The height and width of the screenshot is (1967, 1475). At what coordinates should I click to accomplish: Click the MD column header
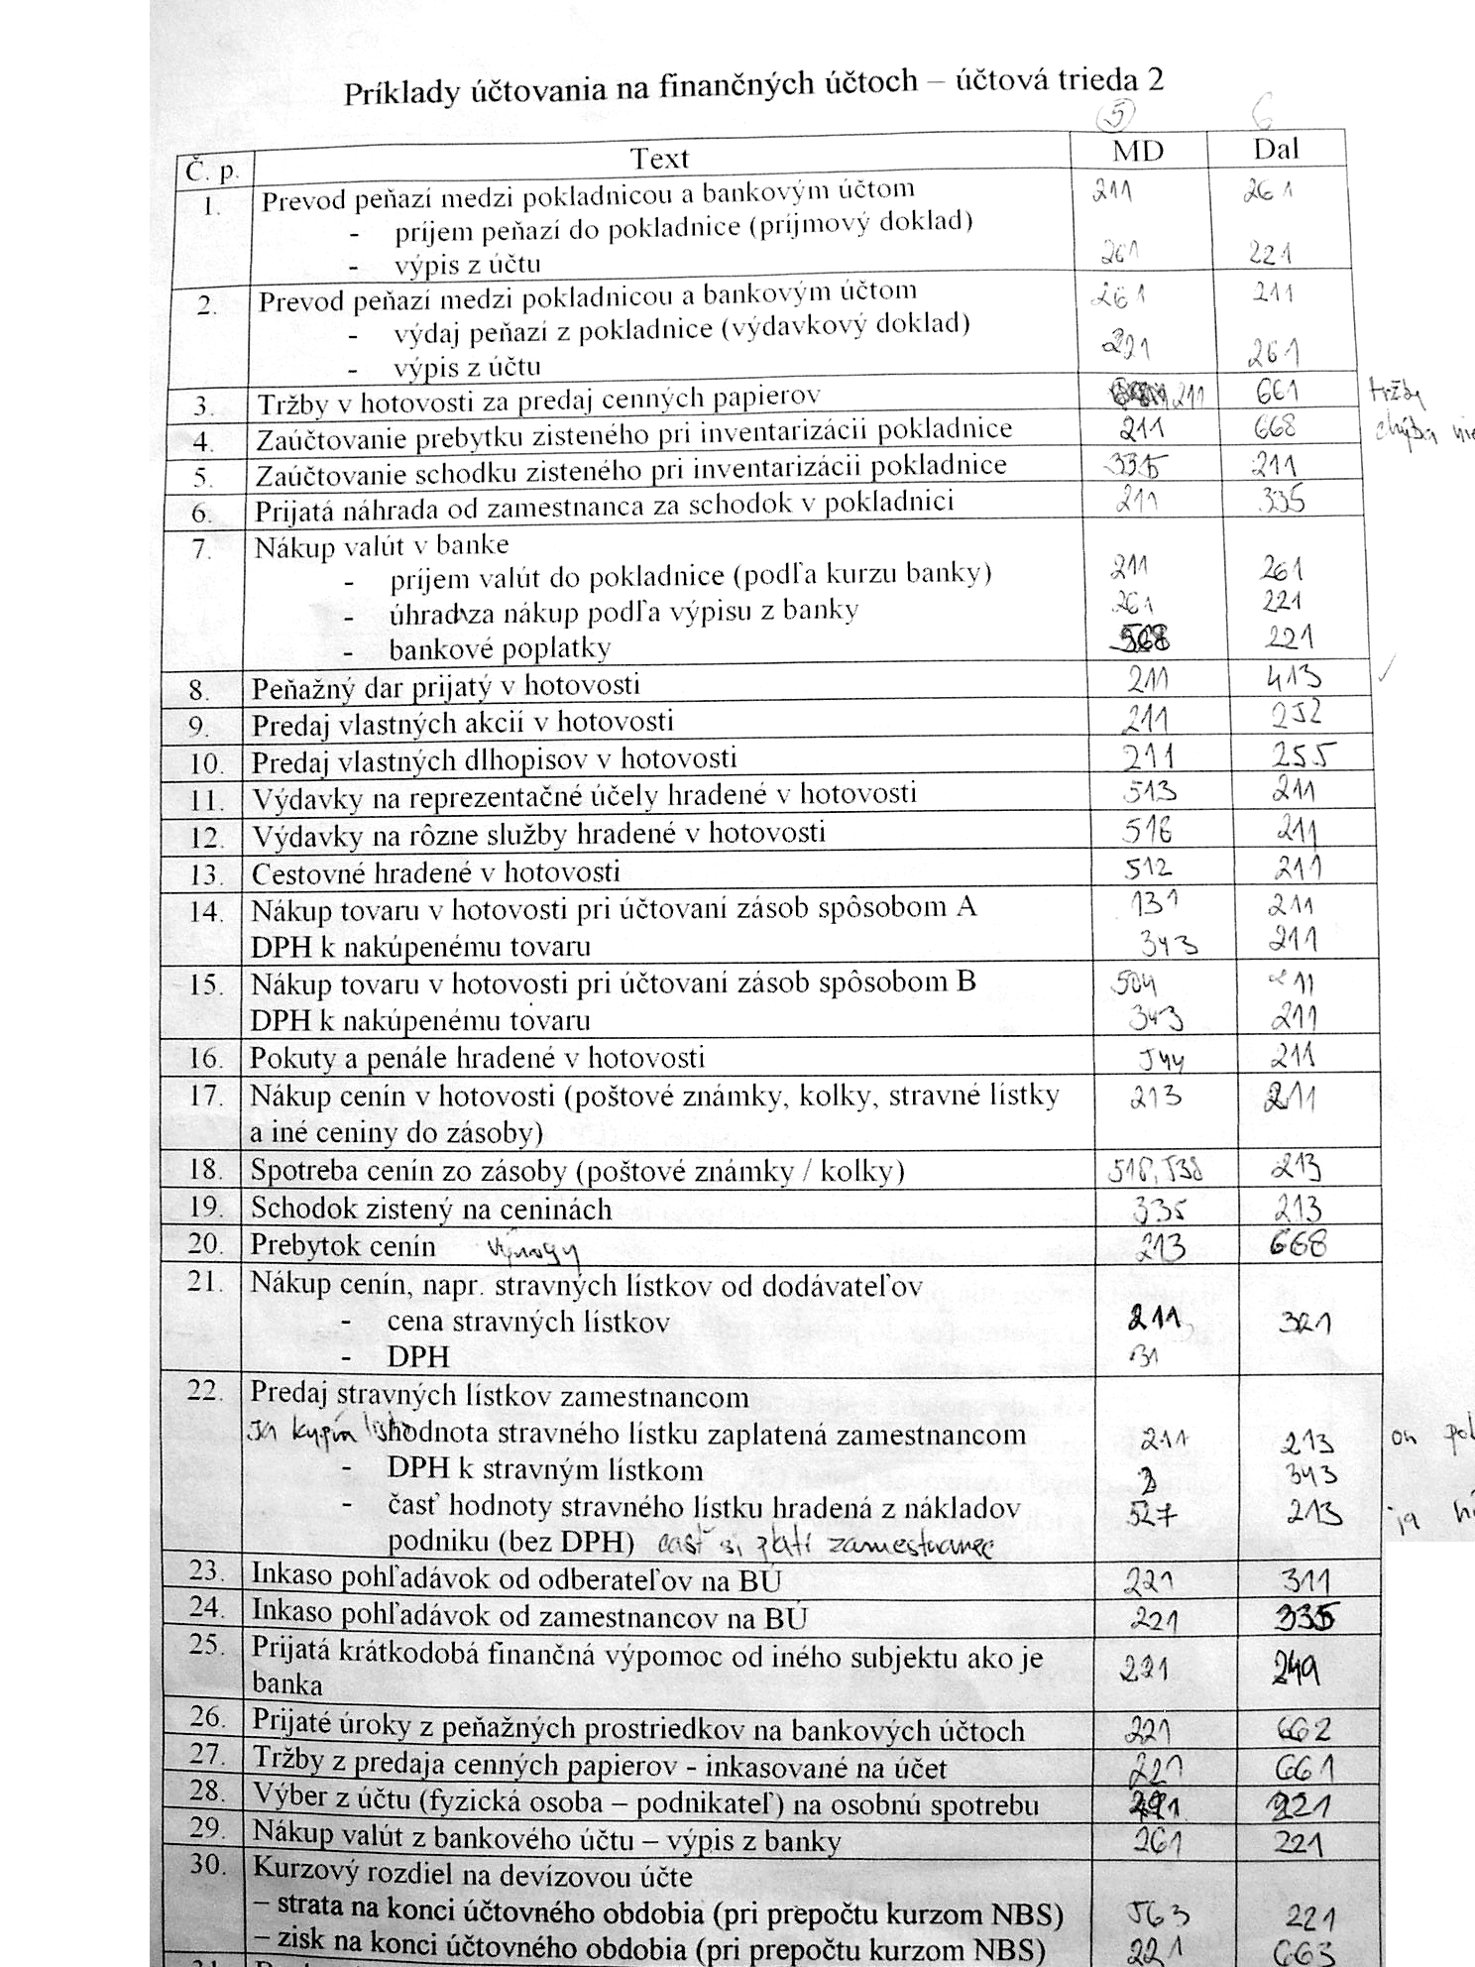(1138, 151)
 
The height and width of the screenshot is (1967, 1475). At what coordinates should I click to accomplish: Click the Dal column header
(1275, 149)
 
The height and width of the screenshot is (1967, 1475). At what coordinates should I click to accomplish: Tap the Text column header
(659, 159)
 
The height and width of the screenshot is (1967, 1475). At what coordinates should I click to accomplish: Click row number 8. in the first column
(199, 690)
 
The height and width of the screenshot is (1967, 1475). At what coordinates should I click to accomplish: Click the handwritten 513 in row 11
(1150, 791)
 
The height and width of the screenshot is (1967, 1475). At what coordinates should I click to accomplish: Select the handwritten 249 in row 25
(1296, 1674)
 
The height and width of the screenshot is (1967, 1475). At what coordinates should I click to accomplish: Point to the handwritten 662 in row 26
(1302, 1731)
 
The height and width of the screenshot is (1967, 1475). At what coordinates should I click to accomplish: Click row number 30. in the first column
(204, 1865)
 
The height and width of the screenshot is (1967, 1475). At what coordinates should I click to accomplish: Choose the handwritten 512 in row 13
(1148, 868)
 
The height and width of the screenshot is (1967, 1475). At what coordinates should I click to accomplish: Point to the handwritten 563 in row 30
(1159, 1913)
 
